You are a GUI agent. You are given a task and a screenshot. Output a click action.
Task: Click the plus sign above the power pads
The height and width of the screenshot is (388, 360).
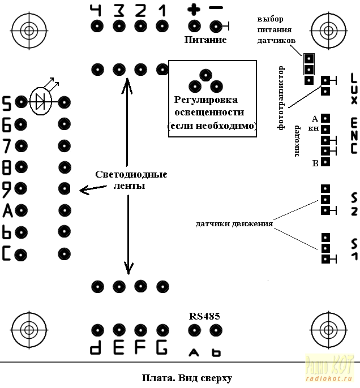pos(194,10)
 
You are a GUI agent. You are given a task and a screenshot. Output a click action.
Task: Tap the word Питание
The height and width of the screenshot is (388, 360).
pos(205,40)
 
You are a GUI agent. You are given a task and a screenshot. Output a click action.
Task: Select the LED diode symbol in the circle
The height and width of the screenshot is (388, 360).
pos(41,102)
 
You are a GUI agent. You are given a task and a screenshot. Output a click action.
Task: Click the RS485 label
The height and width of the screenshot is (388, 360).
pos(205,316)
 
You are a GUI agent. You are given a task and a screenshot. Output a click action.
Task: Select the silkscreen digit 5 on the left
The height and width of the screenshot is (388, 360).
pos(7,103)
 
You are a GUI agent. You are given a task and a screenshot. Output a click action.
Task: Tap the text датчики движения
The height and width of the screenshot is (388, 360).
pos(234,223)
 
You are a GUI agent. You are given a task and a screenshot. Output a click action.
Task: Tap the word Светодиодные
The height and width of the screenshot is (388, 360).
pos(131,175)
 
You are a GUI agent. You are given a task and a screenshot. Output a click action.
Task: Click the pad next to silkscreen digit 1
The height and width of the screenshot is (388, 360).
pos(162,25)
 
